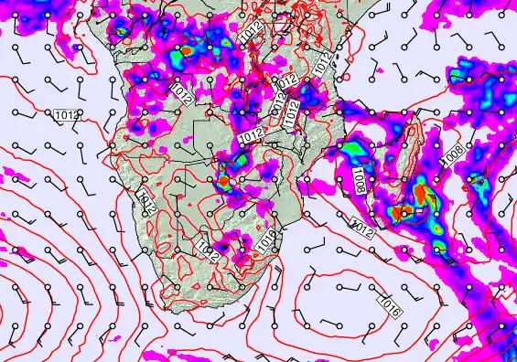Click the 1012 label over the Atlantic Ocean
(65, 115)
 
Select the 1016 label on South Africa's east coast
(266, 240)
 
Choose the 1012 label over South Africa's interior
(208, 249)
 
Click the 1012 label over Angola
(181, 91)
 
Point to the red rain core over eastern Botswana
(222, 182)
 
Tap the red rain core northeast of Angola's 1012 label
(188, 53)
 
